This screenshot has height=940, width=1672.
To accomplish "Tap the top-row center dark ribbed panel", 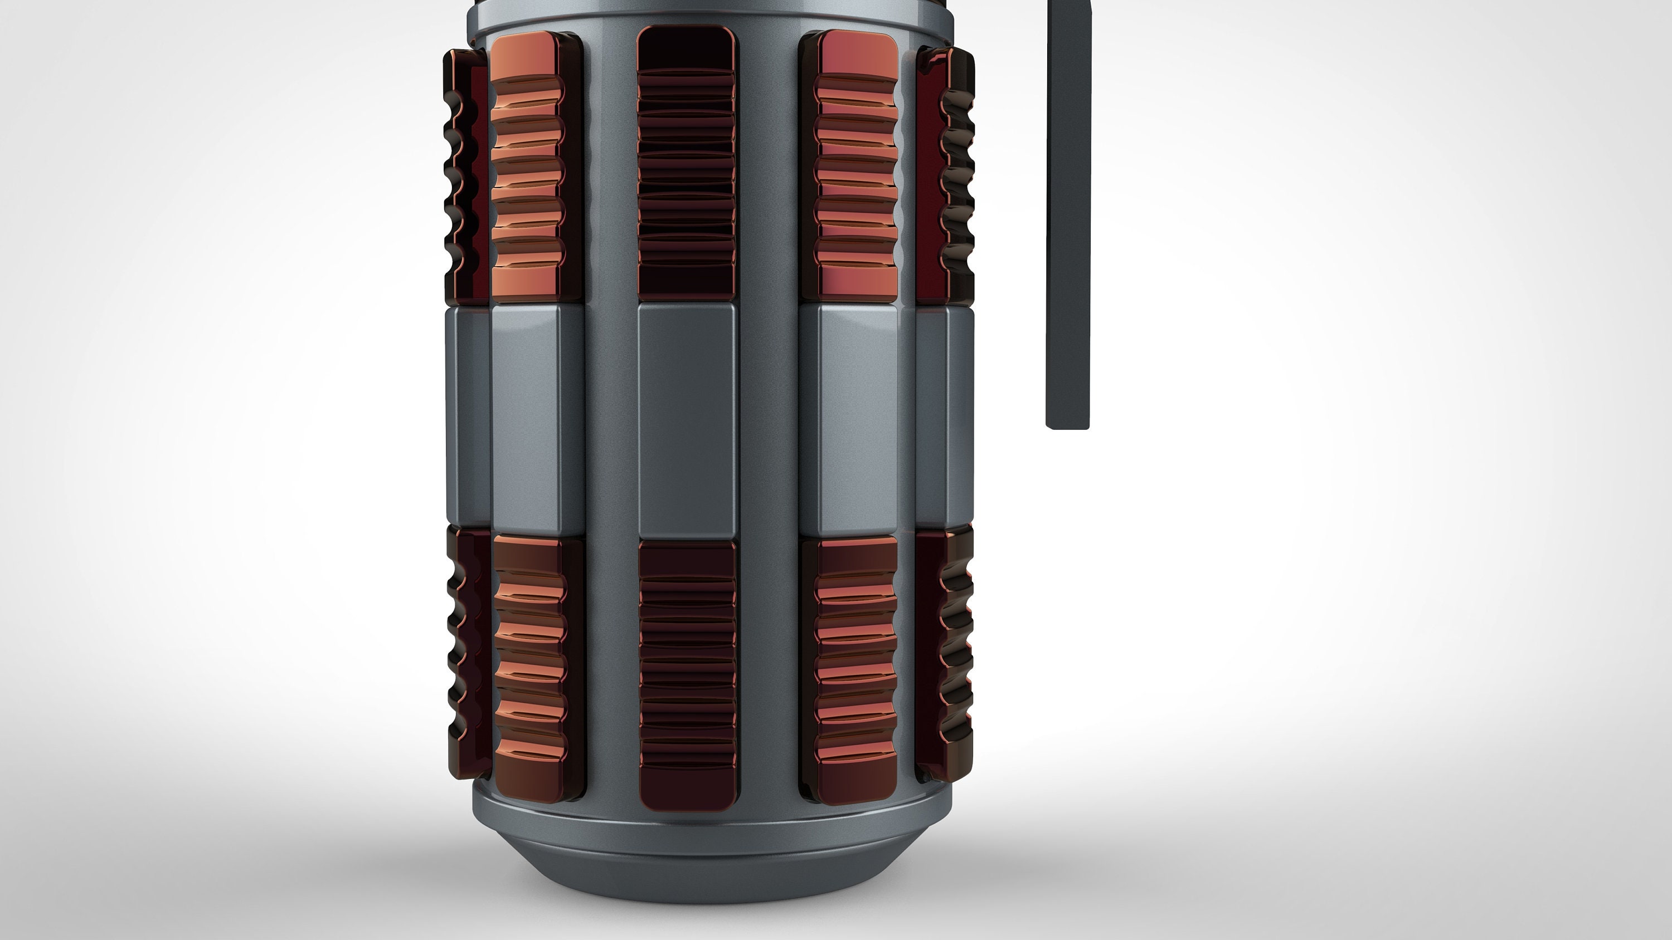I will (x=687, y=162).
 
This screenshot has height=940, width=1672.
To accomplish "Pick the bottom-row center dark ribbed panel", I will (x=687, y=675).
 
